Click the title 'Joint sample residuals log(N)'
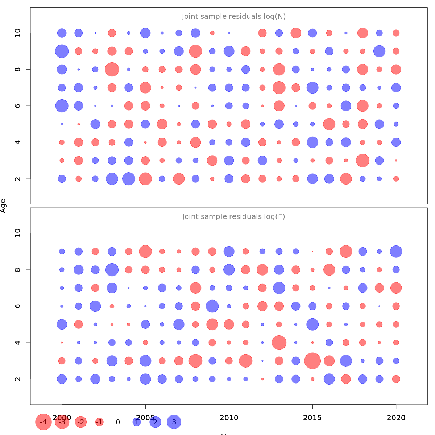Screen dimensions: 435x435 (x=234, y=17)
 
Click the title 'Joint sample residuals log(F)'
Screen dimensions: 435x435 (x=234, y=217)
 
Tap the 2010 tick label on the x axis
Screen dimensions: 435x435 (x=229, y=418)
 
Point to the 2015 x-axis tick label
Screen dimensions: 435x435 (x=312, y=418)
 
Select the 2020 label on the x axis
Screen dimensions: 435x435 (x=396, y=418)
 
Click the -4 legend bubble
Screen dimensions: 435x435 (x=43, y=422)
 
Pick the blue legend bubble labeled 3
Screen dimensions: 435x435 (x=174, y=422)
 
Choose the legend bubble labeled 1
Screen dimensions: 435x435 (x=137, y=422)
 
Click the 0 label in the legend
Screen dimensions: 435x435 (x=118, y=422)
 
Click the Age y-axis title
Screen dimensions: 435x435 (x=3, y=206)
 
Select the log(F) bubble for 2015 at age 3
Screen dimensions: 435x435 (x=312, y=361)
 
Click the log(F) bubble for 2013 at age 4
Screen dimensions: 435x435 (x=279, y=343)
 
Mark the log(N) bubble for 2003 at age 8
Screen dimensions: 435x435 (x=112, y=69)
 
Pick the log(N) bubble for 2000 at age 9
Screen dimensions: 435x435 (x=62, y=51)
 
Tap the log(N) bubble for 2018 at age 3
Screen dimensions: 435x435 (x=362, y=160)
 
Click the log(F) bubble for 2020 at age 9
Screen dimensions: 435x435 (x=396, y=252)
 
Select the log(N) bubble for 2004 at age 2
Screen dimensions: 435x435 (x=129, y=179)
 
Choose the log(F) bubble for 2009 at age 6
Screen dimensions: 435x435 (x=212, y=306)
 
